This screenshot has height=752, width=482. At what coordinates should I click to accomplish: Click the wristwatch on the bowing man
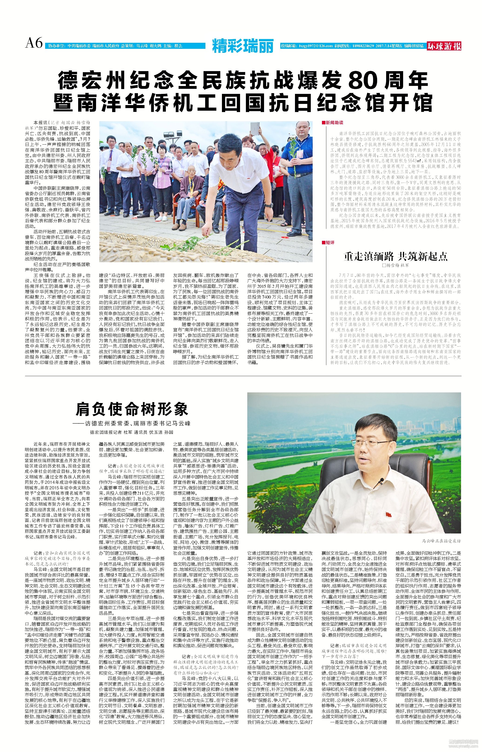tap(268, 205)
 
